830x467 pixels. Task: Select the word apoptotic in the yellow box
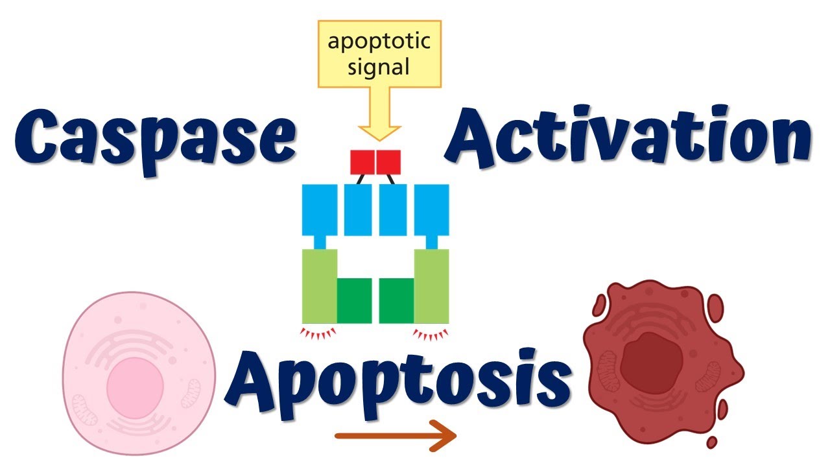[x=379, y=42]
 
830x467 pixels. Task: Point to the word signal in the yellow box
[x=379, y=67]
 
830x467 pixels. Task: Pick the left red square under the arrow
[x=362, y=162]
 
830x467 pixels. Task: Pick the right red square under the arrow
[x=388, y=162]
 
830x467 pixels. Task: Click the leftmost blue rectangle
[x=320, y=210]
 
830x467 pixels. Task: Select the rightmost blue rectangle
[x=431, y=210]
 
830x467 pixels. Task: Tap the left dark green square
[x=354, y=300]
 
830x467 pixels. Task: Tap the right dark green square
[x=396, y=300]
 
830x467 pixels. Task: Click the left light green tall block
[x=320, y=285]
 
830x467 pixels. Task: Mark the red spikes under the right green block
[x=431, y=334]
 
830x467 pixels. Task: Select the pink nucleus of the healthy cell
[x=136, y=378]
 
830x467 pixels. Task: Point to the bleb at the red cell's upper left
[x=599, y=305]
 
